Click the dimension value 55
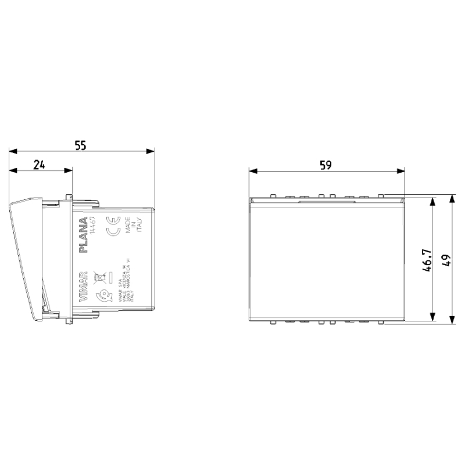tap(81, 145)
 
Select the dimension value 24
tap(39, 164)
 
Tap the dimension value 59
tap(325, 164)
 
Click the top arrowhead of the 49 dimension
tap(452, 199)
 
